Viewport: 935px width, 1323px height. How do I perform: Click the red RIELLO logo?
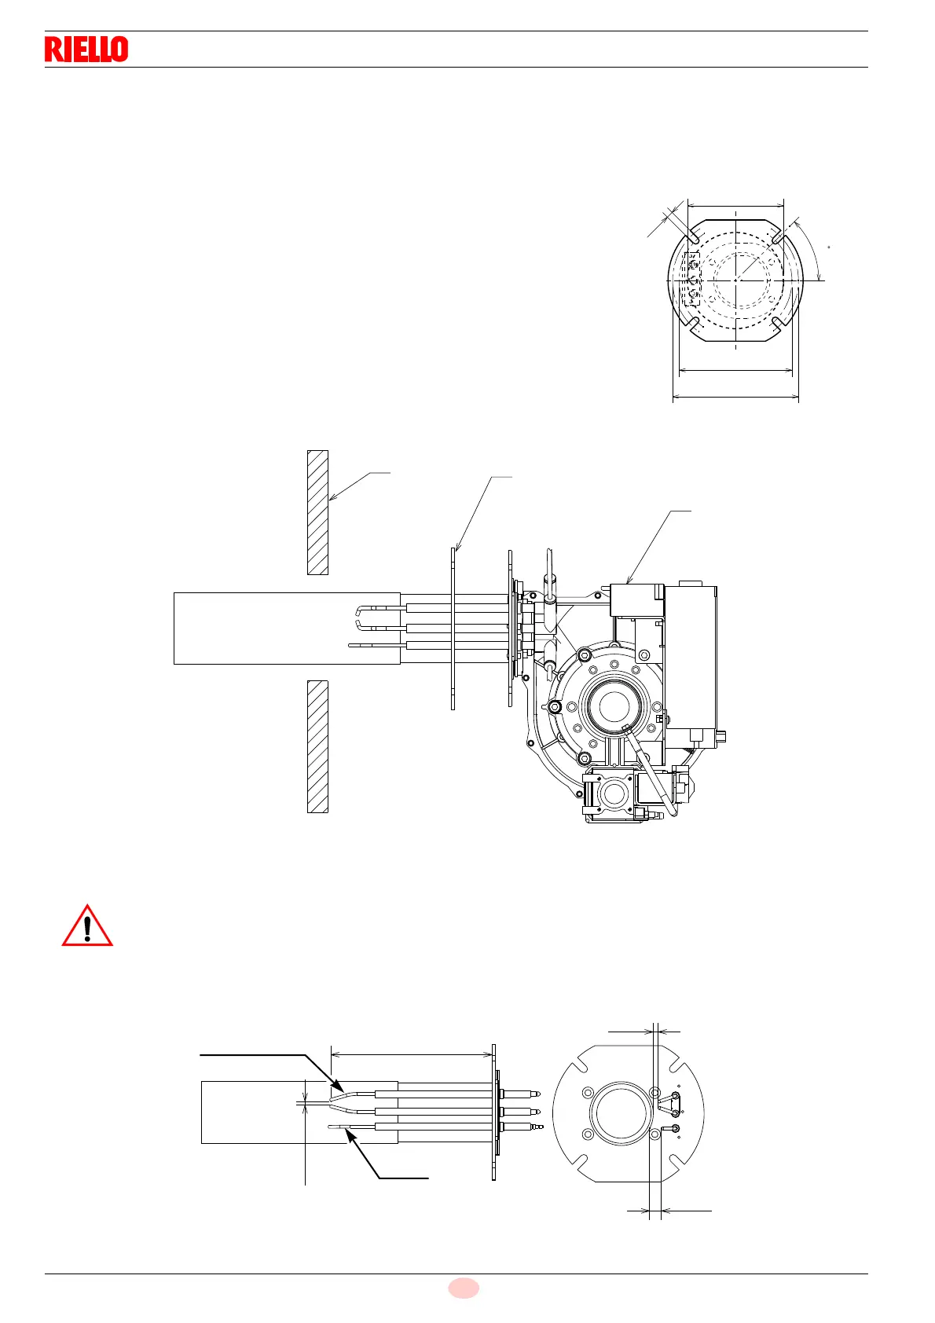point(86,49)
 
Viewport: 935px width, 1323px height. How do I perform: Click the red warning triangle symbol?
point(87,926)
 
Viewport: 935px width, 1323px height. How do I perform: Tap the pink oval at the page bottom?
point(464,1288)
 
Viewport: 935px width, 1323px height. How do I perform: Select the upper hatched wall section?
point(317,511)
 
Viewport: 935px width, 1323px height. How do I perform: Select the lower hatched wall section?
point(317,746)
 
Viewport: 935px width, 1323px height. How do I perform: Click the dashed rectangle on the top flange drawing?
point(691,279)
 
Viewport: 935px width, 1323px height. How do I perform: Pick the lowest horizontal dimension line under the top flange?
point(735,398)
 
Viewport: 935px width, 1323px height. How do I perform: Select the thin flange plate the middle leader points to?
point(453,629)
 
